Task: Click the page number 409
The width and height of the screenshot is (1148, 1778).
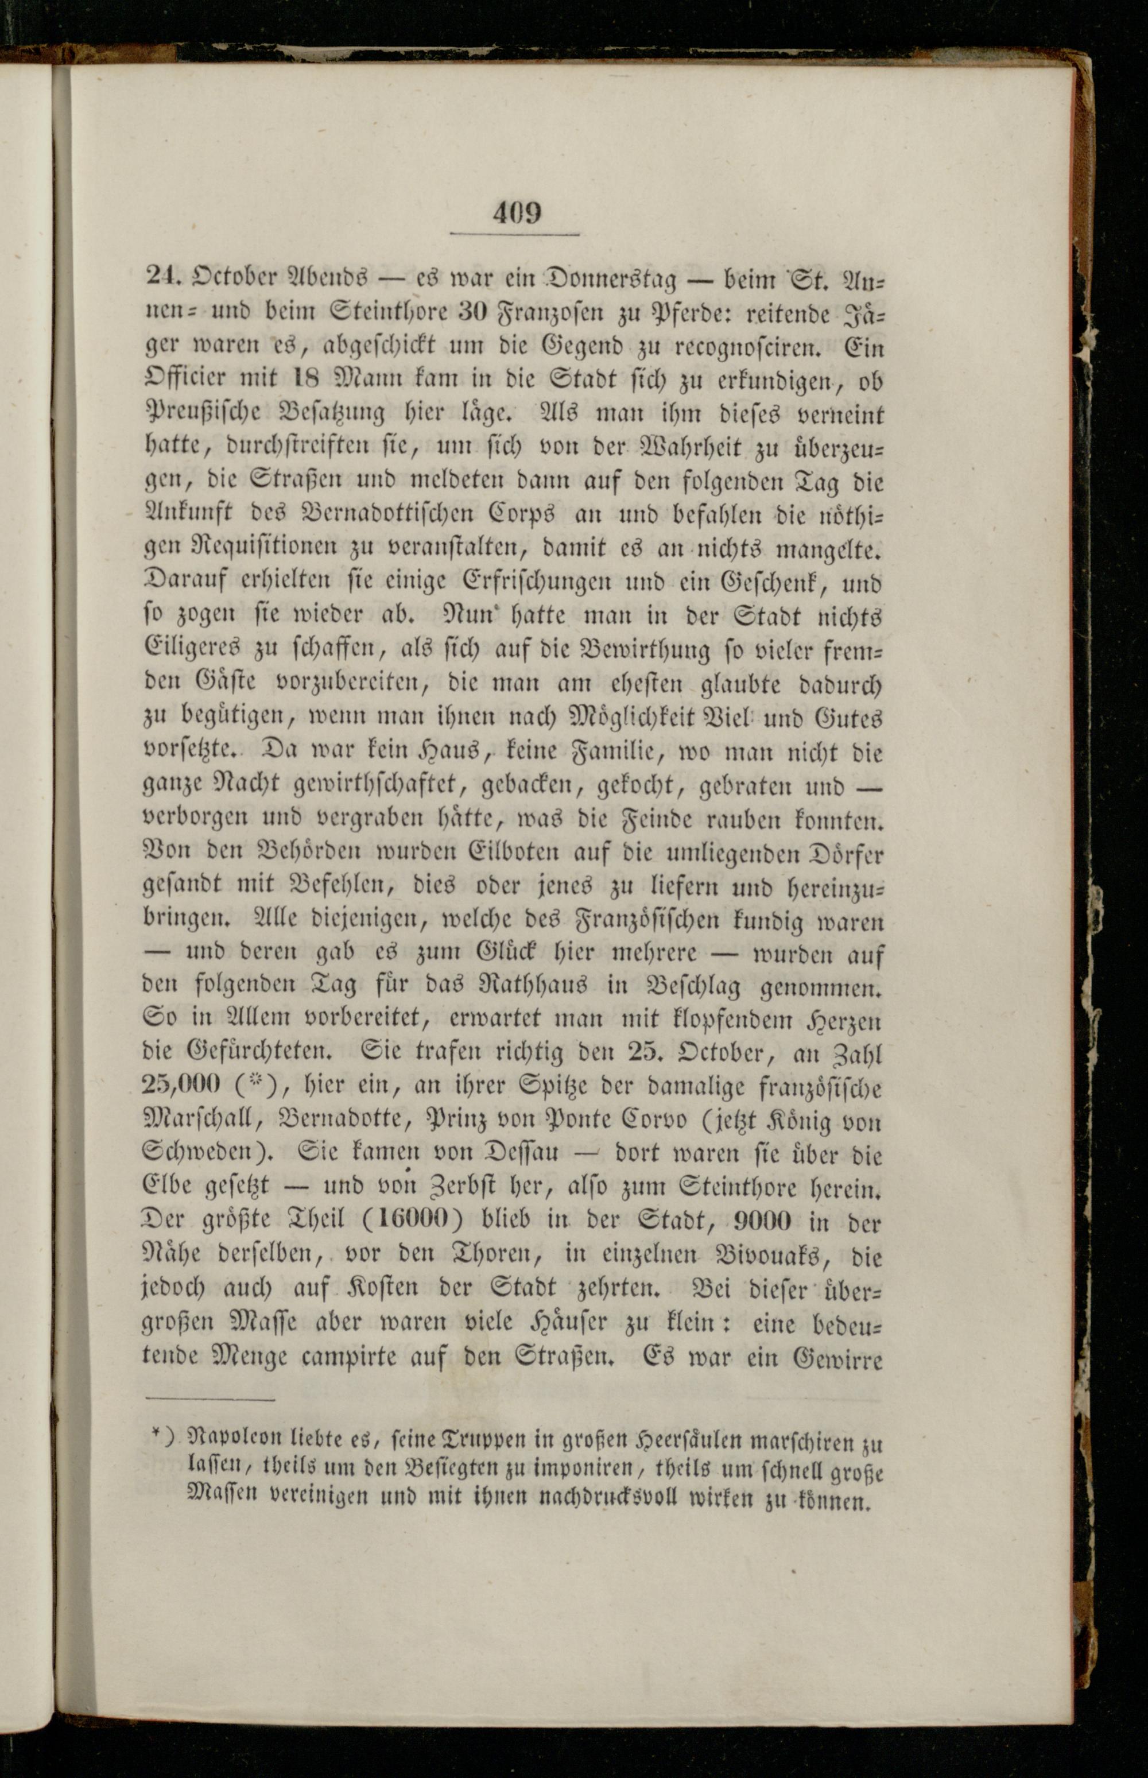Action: (x=516, y=214)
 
